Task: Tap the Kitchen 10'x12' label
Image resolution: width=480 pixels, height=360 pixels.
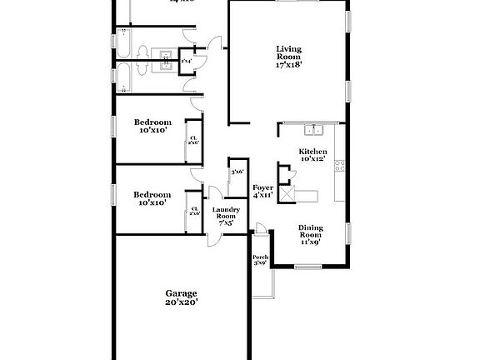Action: pos(312,155)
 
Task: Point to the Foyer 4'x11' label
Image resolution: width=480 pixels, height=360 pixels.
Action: pos(263,191)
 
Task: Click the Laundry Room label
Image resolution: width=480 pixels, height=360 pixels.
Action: pos(226,216)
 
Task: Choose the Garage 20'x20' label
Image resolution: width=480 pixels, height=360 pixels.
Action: pos(181,298)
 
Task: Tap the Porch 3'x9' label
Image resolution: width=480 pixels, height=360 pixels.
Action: pos(260,260)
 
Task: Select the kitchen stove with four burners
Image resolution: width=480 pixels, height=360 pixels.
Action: pos(339,167)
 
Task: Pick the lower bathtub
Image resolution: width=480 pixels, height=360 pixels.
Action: pos(123,78)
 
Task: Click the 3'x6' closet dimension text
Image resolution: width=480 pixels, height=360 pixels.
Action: pos(237,172)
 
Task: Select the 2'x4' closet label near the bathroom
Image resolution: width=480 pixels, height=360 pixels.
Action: pos(186,61)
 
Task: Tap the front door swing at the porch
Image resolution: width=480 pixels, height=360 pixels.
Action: pos(261,228)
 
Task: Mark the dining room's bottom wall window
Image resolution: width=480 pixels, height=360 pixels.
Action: pos(308,267)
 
